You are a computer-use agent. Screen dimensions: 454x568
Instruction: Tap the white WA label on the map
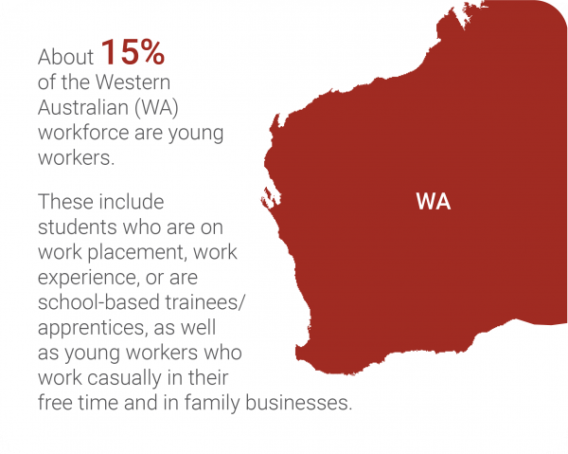(433, 202)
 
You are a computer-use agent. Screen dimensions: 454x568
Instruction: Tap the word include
(129, 203)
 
